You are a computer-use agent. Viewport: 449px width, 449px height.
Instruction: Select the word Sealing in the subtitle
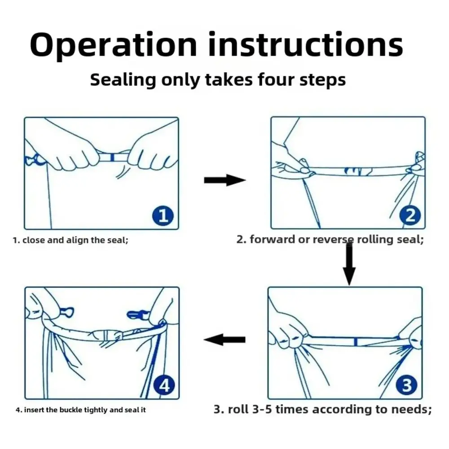pos(123,80)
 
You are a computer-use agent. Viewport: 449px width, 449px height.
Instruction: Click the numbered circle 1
pos(163,216)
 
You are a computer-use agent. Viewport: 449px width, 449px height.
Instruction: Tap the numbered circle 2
pos(410,216)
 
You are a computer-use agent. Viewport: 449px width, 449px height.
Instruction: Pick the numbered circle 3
pos(407,385)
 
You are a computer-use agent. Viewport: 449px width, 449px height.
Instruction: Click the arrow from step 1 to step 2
pos(225,180)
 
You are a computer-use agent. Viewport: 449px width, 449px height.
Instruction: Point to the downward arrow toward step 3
pos(349,264)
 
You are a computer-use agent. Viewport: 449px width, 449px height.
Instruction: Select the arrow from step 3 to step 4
pos(224,339)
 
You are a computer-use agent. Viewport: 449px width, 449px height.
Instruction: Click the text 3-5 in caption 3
pos(262,409)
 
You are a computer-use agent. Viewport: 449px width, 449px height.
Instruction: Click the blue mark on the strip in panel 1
pos(112,157)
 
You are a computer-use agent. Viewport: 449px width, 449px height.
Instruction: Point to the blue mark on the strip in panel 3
pos(356,341)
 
